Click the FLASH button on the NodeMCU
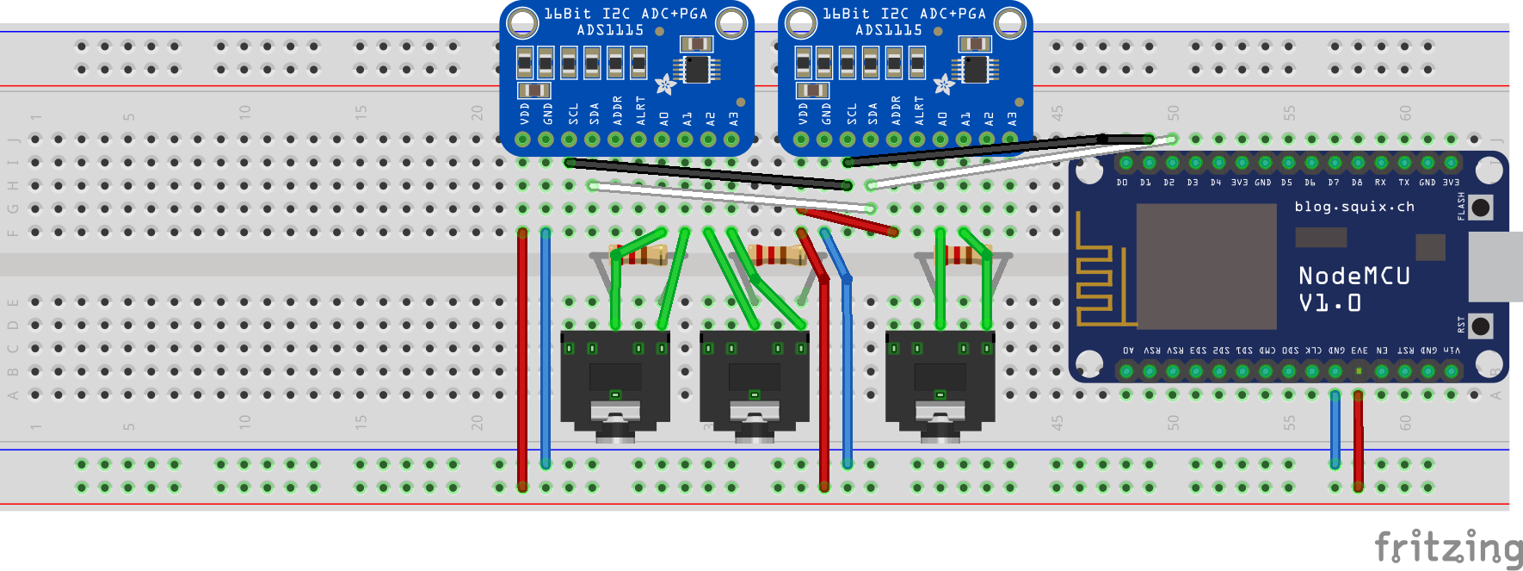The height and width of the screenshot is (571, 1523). click(x=1481, y=207)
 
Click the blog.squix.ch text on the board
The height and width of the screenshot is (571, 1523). click(x=1354, y=207)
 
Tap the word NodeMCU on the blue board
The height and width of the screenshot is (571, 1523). click(x=1353, y=276)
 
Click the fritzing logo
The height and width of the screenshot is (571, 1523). click(x=1447, y=548)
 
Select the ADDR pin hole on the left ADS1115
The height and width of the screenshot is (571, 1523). click(x=616, y=140)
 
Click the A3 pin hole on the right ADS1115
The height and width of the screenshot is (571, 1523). click(x=1010, y=140)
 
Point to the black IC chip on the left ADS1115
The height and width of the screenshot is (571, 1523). click(x=696, y=68)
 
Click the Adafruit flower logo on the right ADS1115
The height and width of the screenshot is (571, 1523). click(x=944, y=84)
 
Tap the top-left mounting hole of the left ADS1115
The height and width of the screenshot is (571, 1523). click(x=522, y=23)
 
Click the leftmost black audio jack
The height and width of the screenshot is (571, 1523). click(x=615, y=383)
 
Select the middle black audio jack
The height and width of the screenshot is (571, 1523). click(x=755, y=383)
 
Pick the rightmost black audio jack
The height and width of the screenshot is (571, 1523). click(x=940, y=383)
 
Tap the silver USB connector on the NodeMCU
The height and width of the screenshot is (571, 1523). click(x=1495, y=266)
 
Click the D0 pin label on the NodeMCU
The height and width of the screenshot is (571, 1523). click(x=1122, y=183)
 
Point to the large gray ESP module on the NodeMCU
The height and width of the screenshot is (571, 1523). click(x=1205, y=266)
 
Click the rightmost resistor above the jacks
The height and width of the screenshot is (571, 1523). click(x=964, y=255)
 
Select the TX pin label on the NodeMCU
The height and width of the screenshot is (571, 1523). click(x=1403, y=183)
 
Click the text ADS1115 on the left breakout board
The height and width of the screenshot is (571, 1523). click(x=610, y=30)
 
